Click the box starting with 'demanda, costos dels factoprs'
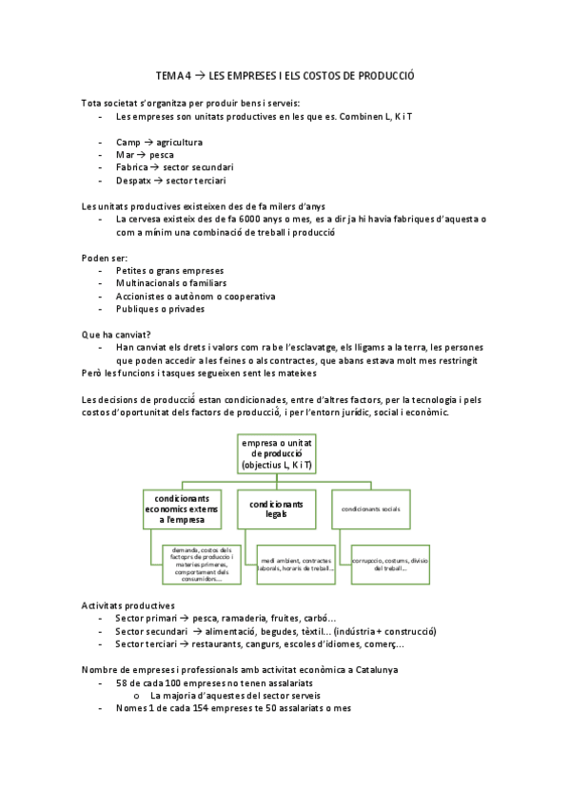point(198,565)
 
